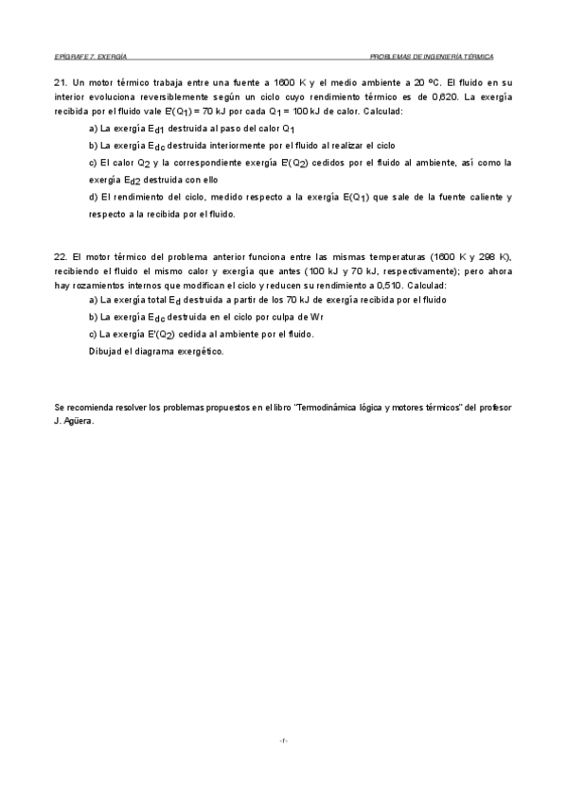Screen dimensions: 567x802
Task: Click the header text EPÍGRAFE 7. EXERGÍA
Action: pyautogui.click(x=91, y=57)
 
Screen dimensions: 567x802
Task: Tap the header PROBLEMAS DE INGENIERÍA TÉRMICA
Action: pyautogui.click(x=432, y=57)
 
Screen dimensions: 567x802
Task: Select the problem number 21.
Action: pyautogui.click(x=61, y=81)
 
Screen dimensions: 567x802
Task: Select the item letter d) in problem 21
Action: pyautogui.click(x=93, y=197)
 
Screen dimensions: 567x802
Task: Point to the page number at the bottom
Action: pyautogui.click(x=283, y=740)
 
